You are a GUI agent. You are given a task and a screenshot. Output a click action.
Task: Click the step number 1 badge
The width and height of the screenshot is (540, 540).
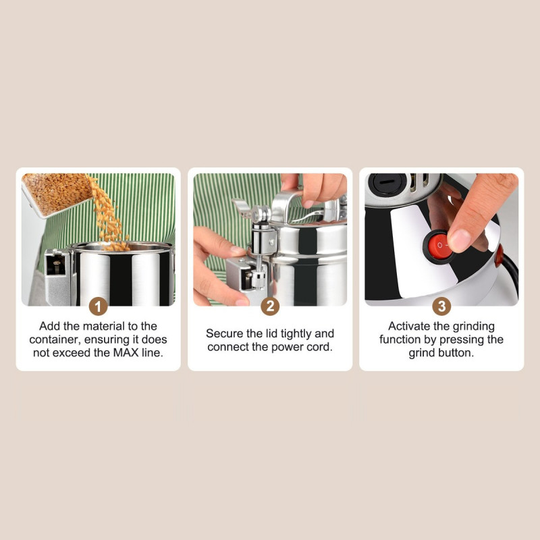pos(99,306)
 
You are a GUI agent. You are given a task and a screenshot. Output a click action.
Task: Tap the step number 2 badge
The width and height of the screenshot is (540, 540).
pos(270,306)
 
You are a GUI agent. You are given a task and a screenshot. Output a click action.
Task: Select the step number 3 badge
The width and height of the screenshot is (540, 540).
pos(441,306)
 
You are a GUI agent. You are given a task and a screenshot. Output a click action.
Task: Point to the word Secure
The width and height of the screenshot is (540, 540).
pos(223,333)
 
